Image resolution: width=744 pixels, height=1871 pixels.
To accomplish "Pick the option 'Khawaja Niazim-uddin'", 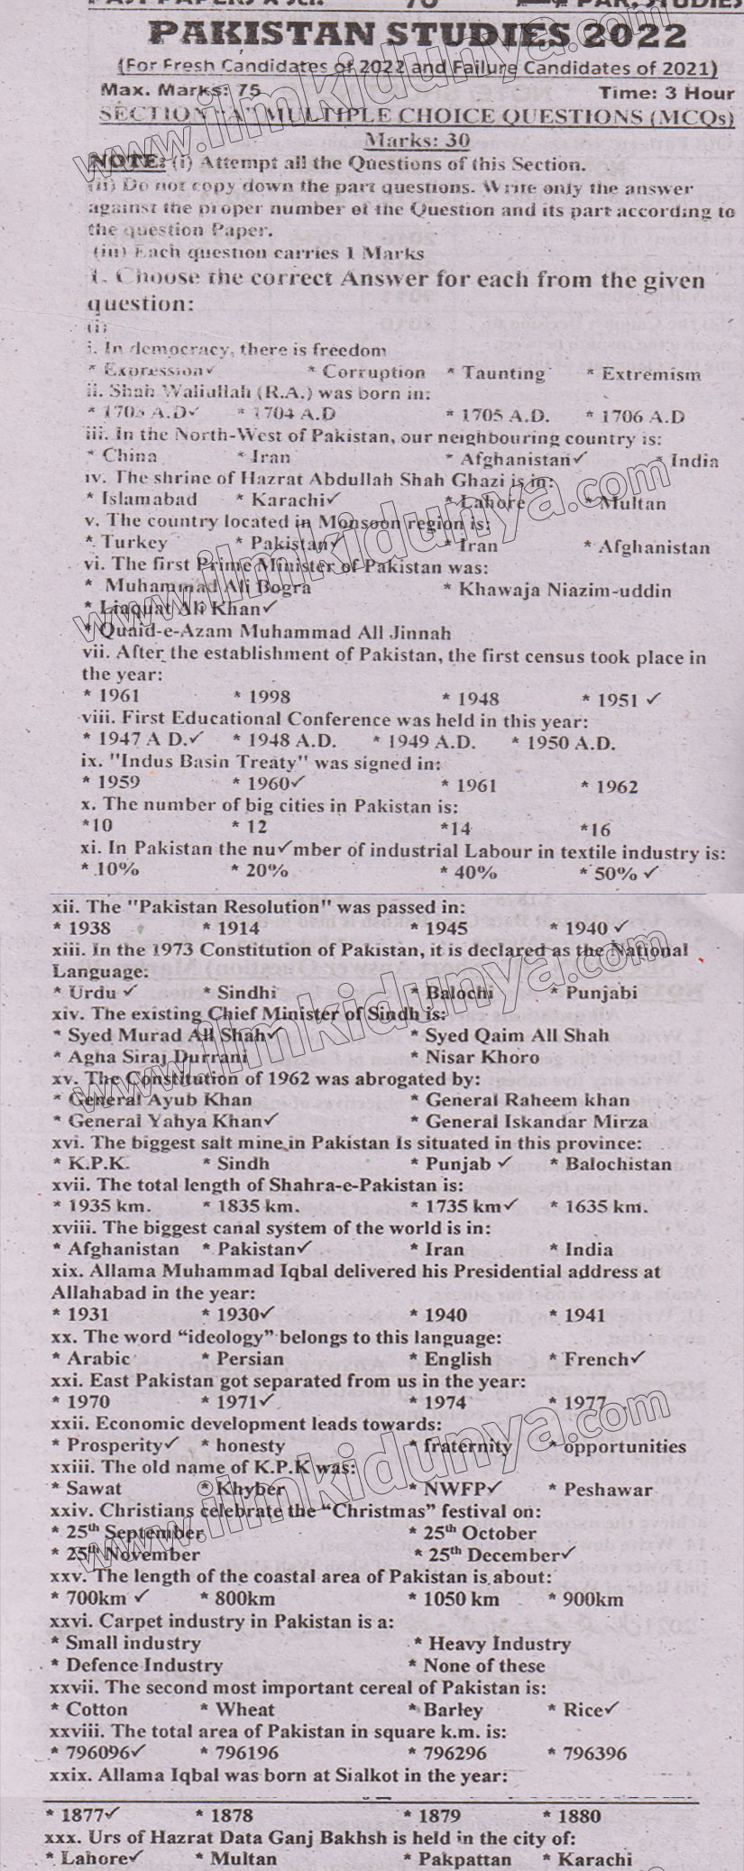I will point(565,591).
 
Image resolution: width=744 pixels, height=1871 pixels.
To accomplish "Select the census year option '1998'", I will point(267,697).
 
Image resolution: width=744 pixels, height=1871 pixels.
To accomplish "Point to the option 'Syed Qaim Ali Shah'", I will point(516,1035).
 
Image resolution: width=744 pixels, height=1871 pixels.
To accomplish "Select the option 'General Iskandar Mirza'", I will point(536,1122).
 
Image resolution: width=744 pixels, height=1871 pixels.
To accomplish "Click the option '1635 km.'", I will point(605,1206).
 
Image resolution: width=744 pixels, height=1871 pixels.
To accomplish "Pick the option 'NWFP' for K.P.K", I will point(455,1489).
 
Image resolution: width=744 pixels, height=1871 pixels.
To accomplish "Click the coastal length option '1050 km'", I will point(459,1600).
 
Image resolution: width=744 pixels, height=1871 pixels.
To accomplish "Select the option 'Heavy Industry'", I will point(499,1644).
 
